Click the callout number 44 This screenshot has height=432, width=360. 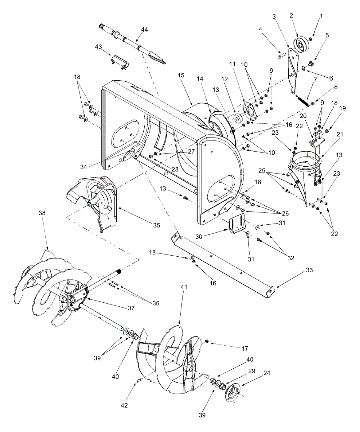[145, 30]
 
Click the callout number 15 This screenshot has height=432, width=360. [181, 75]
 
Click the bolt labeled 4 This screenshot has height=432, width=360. [282, 56]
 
